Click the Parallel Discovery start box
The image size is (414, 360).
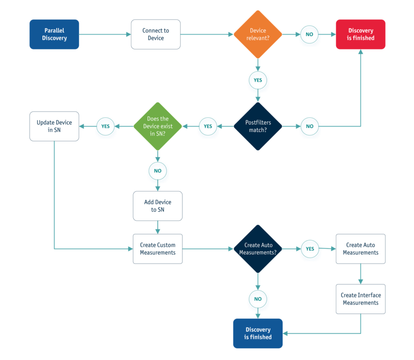(x=54, y=34)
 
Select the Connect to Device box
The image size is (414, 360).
(x=155, y=34)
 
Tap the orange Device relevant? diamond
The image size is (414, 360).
(x=258, y=34)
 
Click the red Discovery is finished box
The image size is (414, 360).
(x=360, y=34)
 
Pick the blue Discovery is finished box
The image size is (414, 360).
(x=258, y=333)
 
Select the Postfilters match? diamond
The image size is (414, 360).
(x=258, y=126)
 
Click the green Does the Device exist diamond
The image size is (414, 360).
(x=158, y=126)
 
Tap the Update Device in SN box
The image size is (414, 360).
(x=54, y=126)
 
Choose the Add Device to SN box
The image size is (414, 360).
(x=158, y=206)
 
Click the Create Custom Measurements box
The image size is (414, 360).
(x=158, y=249)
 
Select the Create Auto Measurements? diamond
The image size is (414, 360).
(x=258, y=249)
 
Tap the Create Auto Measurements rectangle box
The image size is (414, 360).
(x=360, y=249)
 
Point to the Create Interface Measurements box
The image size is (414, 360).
(x=360, y=299)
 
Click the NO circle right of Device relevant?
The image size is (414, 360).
(x=310, y=34)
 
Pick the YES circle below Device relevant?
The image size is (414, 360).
(x=258, y=80)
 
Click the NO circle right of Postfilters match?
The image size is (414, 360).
(x=310, y=126)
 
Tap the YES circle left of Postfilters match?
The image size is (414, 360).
(x=208, y=126)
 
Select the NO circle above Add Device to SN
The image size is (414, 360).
(x=158, y=172)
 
